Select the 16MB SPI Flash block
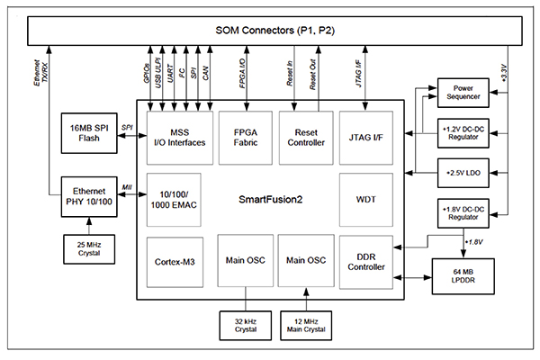point(87,132)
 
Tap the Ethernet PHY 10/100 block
point(87,197)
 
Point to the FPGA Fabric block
point(244,136)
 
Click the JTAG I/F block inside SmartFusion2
point(364,136)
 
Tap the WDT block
point(364,197)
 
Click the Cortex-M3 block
point(176,262)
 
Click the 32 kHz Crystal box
point(245,325)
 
